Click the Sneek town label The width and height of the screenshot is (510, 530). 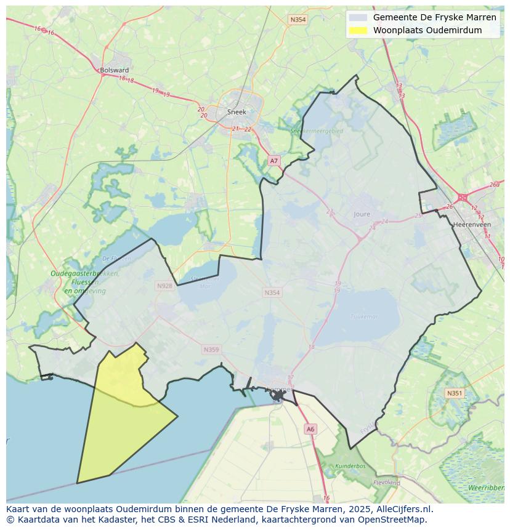pyautogui.click(x=237, y=112)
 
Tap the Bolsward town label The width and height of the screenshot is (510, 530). pyautogui.click(x=114, y=70)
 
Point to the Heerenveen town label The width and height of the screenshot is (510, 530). pyautogui.click(x=471, y=225)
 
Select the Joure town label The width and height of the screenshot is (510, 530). pyautogui.click(x=362, y=214)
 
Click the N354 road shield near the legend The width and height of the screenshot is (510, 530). pyautogui.click(x=297, y=20)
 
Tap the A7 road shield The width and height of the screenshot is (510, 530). pyautogui.click(x=274, y=161)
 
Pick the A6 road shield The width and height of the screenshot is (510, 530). pyautogui.click(x=310, y=429)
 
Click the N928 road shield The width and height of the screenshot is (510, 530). pyautogui.click(x=164, y=286)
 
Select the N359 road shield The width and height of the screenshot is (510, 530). pyautogui.click(x=211, y=350)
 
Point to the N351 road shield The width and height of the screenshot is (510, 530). pyautogui.click(x=455, y=393)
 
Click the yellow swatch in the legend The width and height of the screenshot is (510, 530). pyautogui.click(x=357, y=30)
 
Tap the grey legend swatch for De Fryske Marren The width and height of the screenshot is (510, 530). pyautogui.click(x=357, y=17)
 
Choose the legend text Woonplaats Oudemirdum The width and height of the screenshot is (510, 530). pyautogui.click(x=427, y=30)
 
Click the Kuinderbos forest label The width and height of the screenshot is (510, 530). pyautogui.click(x=350, y=466)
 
